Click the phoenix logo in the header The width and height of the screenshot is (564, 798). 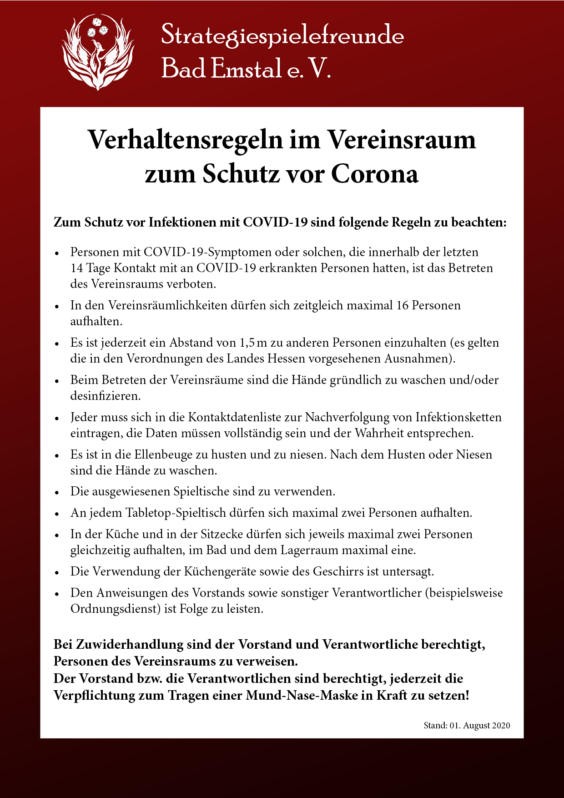click(98, 52)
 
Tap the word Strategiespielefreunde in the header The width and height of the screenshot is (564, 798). click(282, 35)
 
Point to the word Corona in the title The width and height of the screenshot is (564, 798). click(374, 174)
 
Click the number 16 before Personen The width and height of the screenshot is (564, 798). click(403, 305)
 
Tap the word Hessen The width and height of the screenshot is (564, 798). click(286, 359)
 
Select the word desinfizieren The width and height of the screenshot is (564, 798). click(105, 396)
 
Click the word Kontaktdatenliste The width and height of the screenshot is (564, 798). click(245, 417)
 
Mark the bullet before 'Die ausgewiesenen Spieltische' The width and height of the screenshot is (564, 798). click(57, 492)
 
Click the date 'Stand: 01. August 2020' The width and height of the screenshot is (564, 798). click(467, 726)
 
